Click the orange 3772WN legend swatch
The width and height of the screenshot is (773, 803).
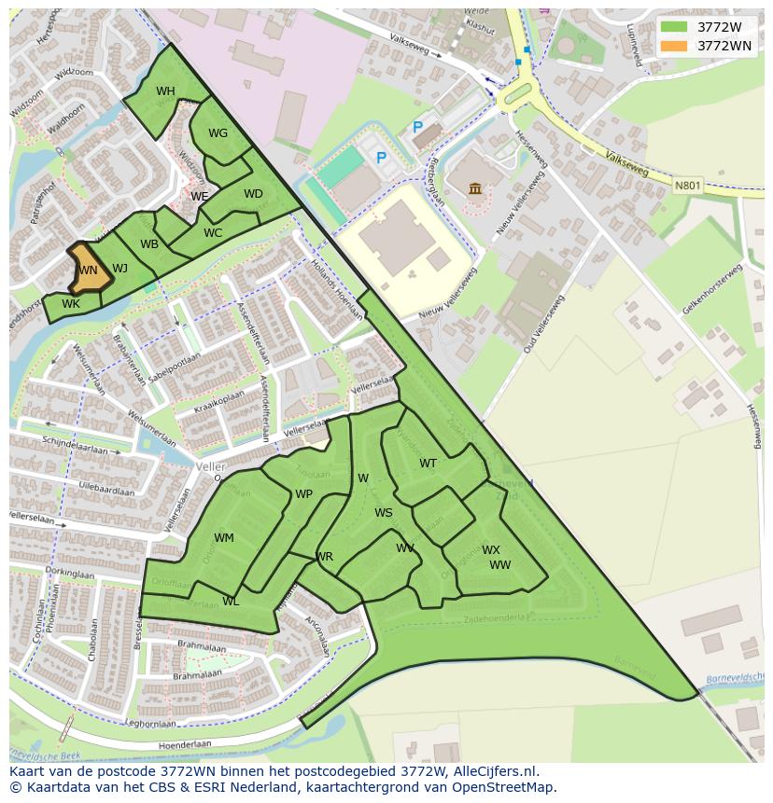[x=672, y=46]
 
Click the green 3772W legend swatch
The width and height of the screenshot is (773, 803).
[x=672, y=27]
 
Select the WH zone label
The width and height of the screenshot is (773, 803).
[x=165, y=91]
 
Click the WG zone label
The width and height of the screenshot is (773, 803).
[x=218, y=133]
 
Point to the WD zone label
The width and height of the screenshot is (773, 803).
[x=253, y=194]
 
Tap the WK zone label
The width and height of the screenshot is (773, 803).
[x=71, y=304]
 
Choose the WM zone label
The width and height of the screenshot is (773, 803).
[x=224, y=538]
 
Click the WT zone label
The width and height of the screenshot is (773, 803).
[x=428, y=464]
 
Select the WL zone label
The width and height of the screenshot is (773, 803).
[x=231, y=602]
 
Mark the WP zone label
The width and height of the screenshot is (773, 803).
[x=303, y=494]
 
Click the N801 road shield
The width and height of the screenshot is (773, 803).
[x=686, y=186]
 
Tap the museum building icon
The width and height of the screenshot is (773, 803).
[x=475, y=189]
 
